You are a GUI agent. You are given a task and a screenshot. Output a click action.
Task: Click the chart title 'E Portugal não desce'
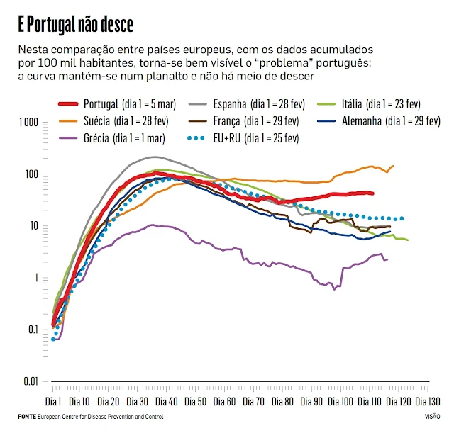point(75,26)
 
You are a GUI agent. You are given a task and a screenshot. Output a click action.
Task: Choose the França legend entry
point(256,120)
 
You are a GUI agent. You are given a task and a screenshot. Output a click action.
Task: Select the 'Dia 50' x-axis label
point(196,400)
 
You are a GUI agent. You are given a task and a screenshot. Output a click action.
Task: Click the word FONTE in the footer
point(26,417)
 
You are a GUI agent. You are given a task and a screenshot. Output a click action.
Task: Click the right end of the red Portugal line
point(373,193)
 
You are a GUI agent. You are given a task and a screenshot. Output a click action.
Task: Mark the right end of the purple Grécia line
point(387,259)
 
